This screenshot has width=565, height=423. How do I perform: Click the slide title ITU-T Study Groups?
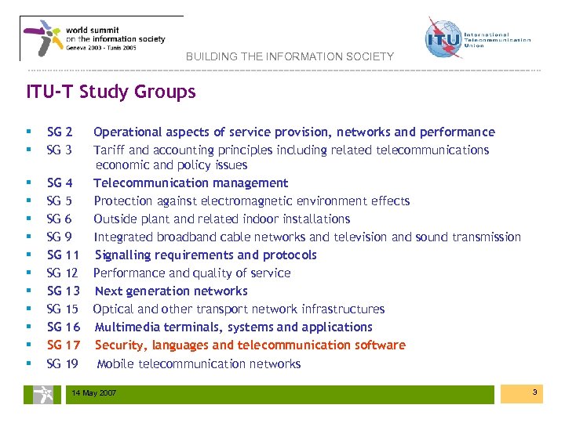click(x=111, y=92)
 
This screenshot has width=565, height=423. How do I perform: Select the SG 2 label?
click(x=60, y=132)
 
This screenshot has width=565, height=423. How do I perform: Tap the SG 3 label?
click(x=60, y=150)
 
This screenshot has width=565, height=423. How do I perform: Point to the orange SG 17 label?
click(x=64, y=345)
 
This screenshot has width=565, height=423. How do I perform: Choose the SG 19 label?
click(x=63, y=363)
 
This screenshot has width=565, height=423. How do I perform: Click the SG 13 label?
click(x=64, y=291)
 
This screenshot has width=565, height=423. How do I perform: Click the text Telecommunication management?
click(x=191, y=183)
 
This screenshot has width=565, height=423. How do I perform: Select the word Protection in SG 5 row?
click(x=122, y=201)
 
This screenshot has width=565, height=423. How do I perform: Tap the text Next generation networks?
click(x=170, y=291)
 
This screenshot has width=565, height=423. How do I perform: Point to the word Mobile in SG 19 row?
click(x=116, y=363)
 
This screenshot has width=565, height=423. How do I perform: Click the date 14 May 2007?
click(x=93, y=392)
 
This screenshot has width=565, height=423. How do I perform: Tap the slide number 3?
click(x=534, y=391)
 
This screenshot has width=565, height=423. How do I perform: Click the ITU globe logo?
click(x=442, y=38)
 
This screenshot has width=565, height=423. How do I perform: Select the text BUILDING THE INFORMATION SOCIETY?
click(x=290, y=57)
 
